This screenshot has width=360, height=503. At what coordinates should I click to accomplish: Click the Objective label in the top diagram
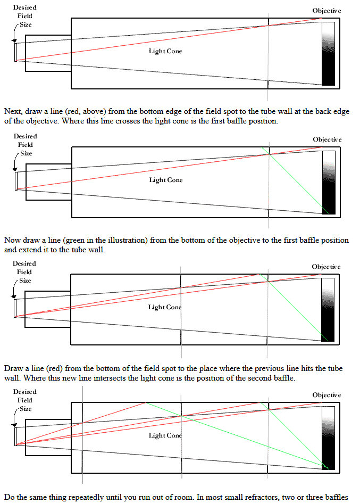coord(326,11)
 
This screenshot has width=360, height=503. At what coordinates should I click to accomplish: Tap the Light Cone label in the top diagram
coord(165,51)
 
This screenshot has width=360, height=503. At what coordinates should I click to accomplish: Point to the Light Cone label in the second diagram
coord(166,180)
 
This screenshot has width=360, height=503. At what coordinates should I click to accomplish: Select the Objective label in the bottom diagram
coord(326,395)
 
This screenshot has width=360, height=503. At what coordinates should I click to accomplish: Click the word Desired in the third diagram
coord(24,263)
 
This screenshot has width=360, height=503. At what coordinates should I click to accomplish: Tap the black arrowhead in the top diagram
coord(14,40)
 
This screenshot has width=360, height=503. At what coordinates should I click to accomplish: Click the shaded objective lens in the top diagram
coord(328,54)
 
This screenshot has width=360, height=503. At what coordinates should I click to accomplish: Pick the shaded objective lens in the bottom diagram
coord(328,438)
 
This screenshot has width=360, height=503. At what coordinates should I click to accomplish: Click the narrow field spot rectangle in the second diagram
coord(16,182)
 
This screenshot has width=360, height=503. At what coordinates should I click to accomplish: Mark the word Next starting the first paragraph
coord(13,111)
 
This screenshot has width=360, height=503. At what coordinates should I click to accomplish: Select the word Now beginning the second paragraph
coord(13,240)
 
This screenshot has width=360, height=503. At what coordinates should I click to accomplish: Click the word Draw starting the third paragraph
coord(13,368)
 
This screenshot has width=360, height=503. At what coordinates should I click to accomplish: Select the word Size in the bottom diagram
coord(26,409)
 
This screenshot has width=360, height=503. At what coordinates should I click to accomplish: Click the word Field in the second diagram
coord(26,145)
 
